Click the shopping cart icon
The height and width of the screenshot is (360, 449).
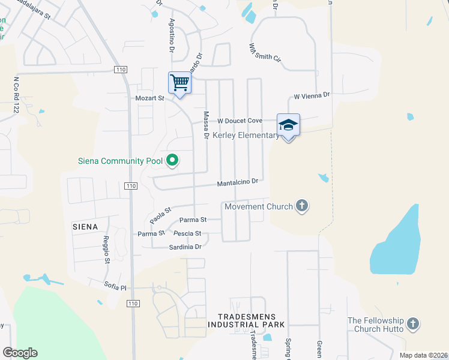179,83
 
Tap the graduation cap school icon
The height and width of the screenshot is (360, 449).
288,125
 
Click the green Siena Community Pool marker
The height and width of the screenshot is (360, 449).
173,160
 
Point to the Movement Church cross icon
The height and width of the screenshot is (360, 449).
302,206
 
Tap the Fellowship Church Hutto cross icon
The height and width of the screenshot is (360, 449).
412,324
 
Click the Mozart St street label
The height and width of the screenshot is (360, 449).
149,98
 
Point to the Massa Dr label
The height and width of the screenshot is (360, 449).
206,125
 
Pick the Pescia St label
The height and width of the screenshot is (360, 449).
187,233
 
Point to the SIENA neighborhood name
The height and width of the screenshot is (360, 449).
83,226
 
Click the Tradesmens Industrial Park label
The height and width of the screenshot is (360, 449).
246,320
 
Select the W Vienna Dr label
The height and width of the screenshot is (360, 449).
312,95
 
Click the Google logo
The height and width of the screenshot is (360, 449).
20,353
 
